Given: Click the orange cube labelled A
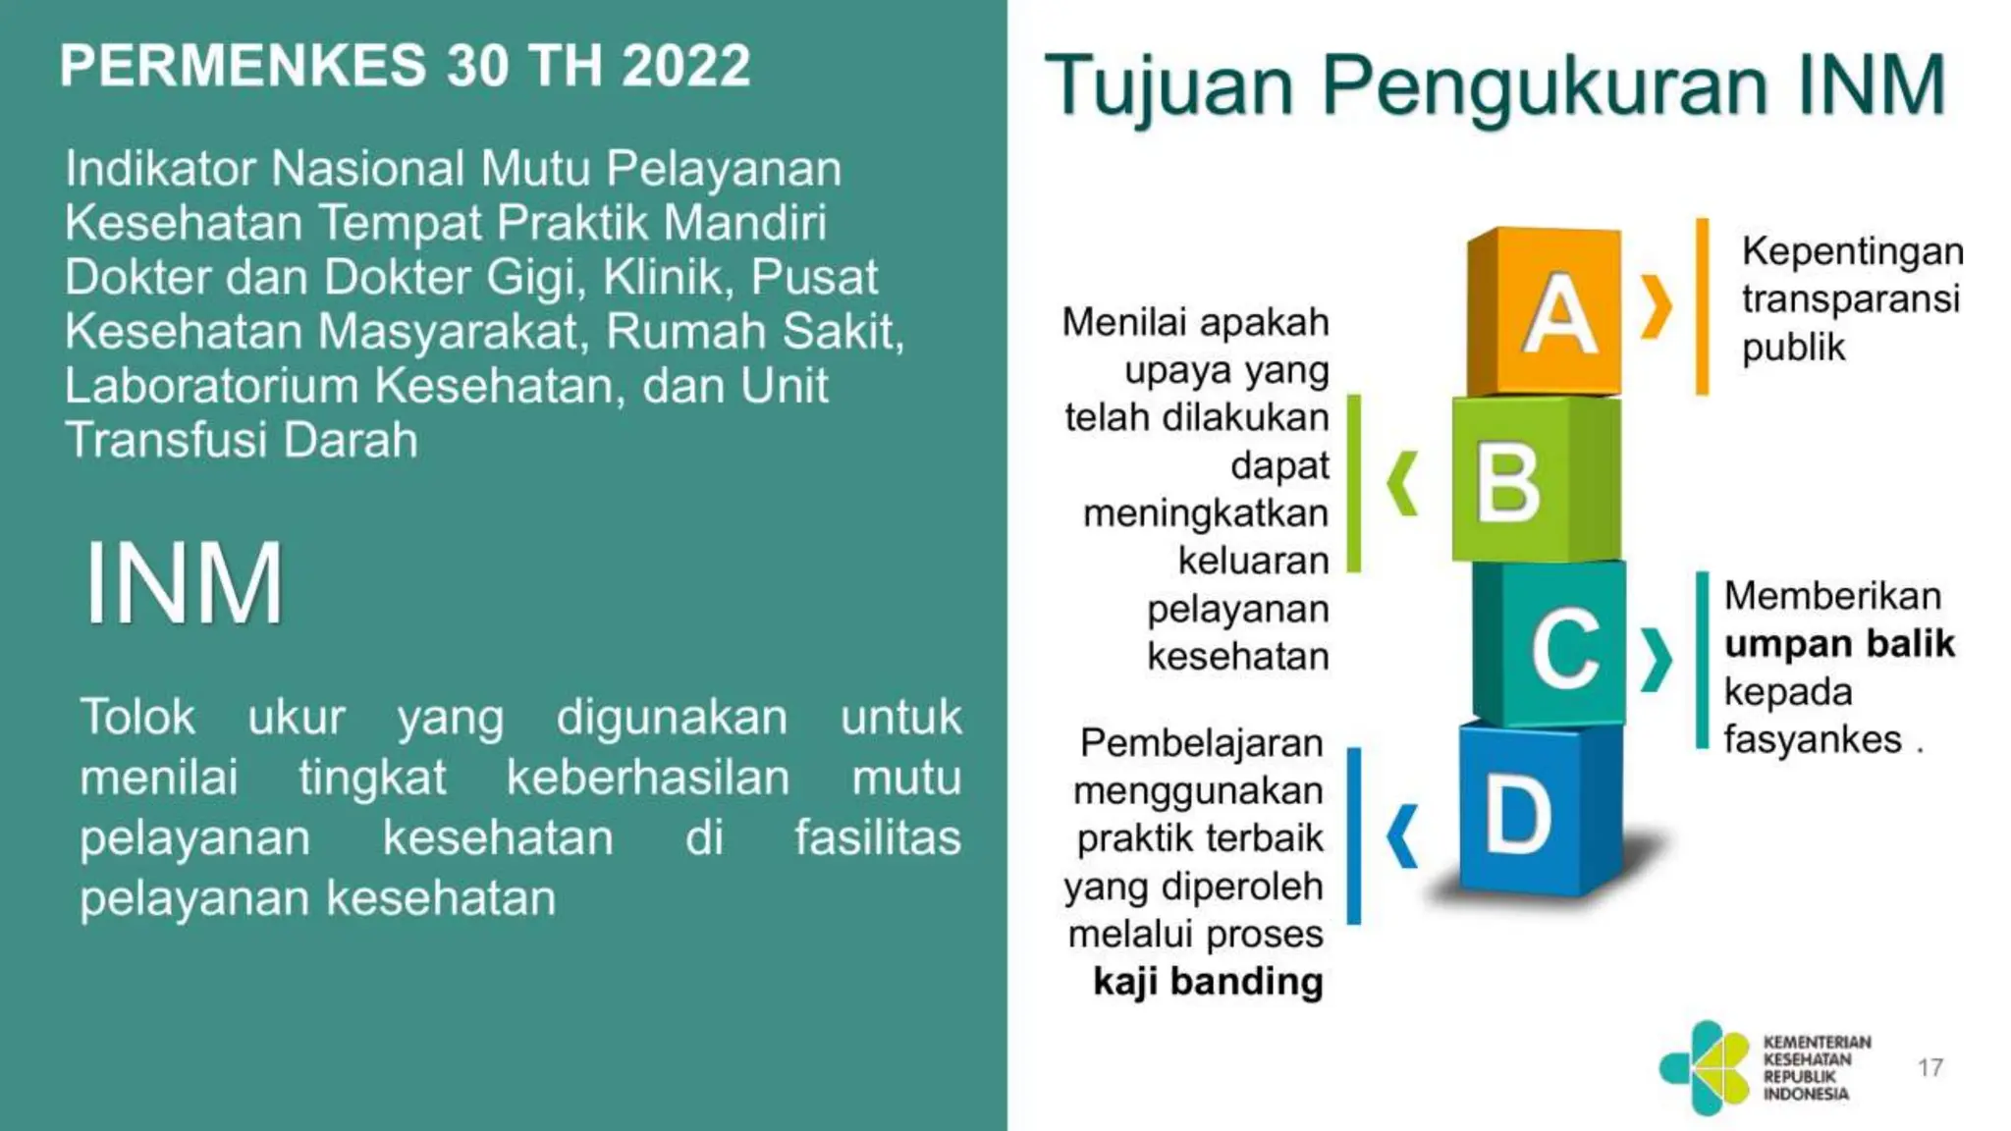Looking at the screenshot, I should point(1544,312).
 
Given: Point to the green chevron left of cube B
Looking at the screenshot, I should point(1402,483).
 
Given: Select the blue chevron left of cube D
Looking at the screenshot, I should point(1402,836).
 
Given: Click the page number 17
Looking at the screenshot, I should point(1929,1067).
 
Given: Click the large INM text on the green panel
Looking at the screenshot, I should point(185,583).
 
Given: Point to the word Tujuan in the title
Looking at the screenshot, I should point(1169,86).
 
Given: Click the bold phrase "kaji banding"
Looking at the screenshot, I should point(1208,981).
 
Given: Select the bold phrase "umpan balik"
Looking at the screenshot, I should point(1839,644).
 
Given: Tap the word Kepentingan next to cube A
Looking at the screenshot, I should point(1852,251).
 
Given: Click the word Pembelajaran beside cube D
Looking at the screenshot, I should point(1201,743).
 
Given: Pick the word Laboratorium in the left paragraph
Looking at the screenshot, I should point(211,386).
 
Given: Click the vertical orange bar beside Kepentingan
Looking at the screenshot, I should point(1702,306).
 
